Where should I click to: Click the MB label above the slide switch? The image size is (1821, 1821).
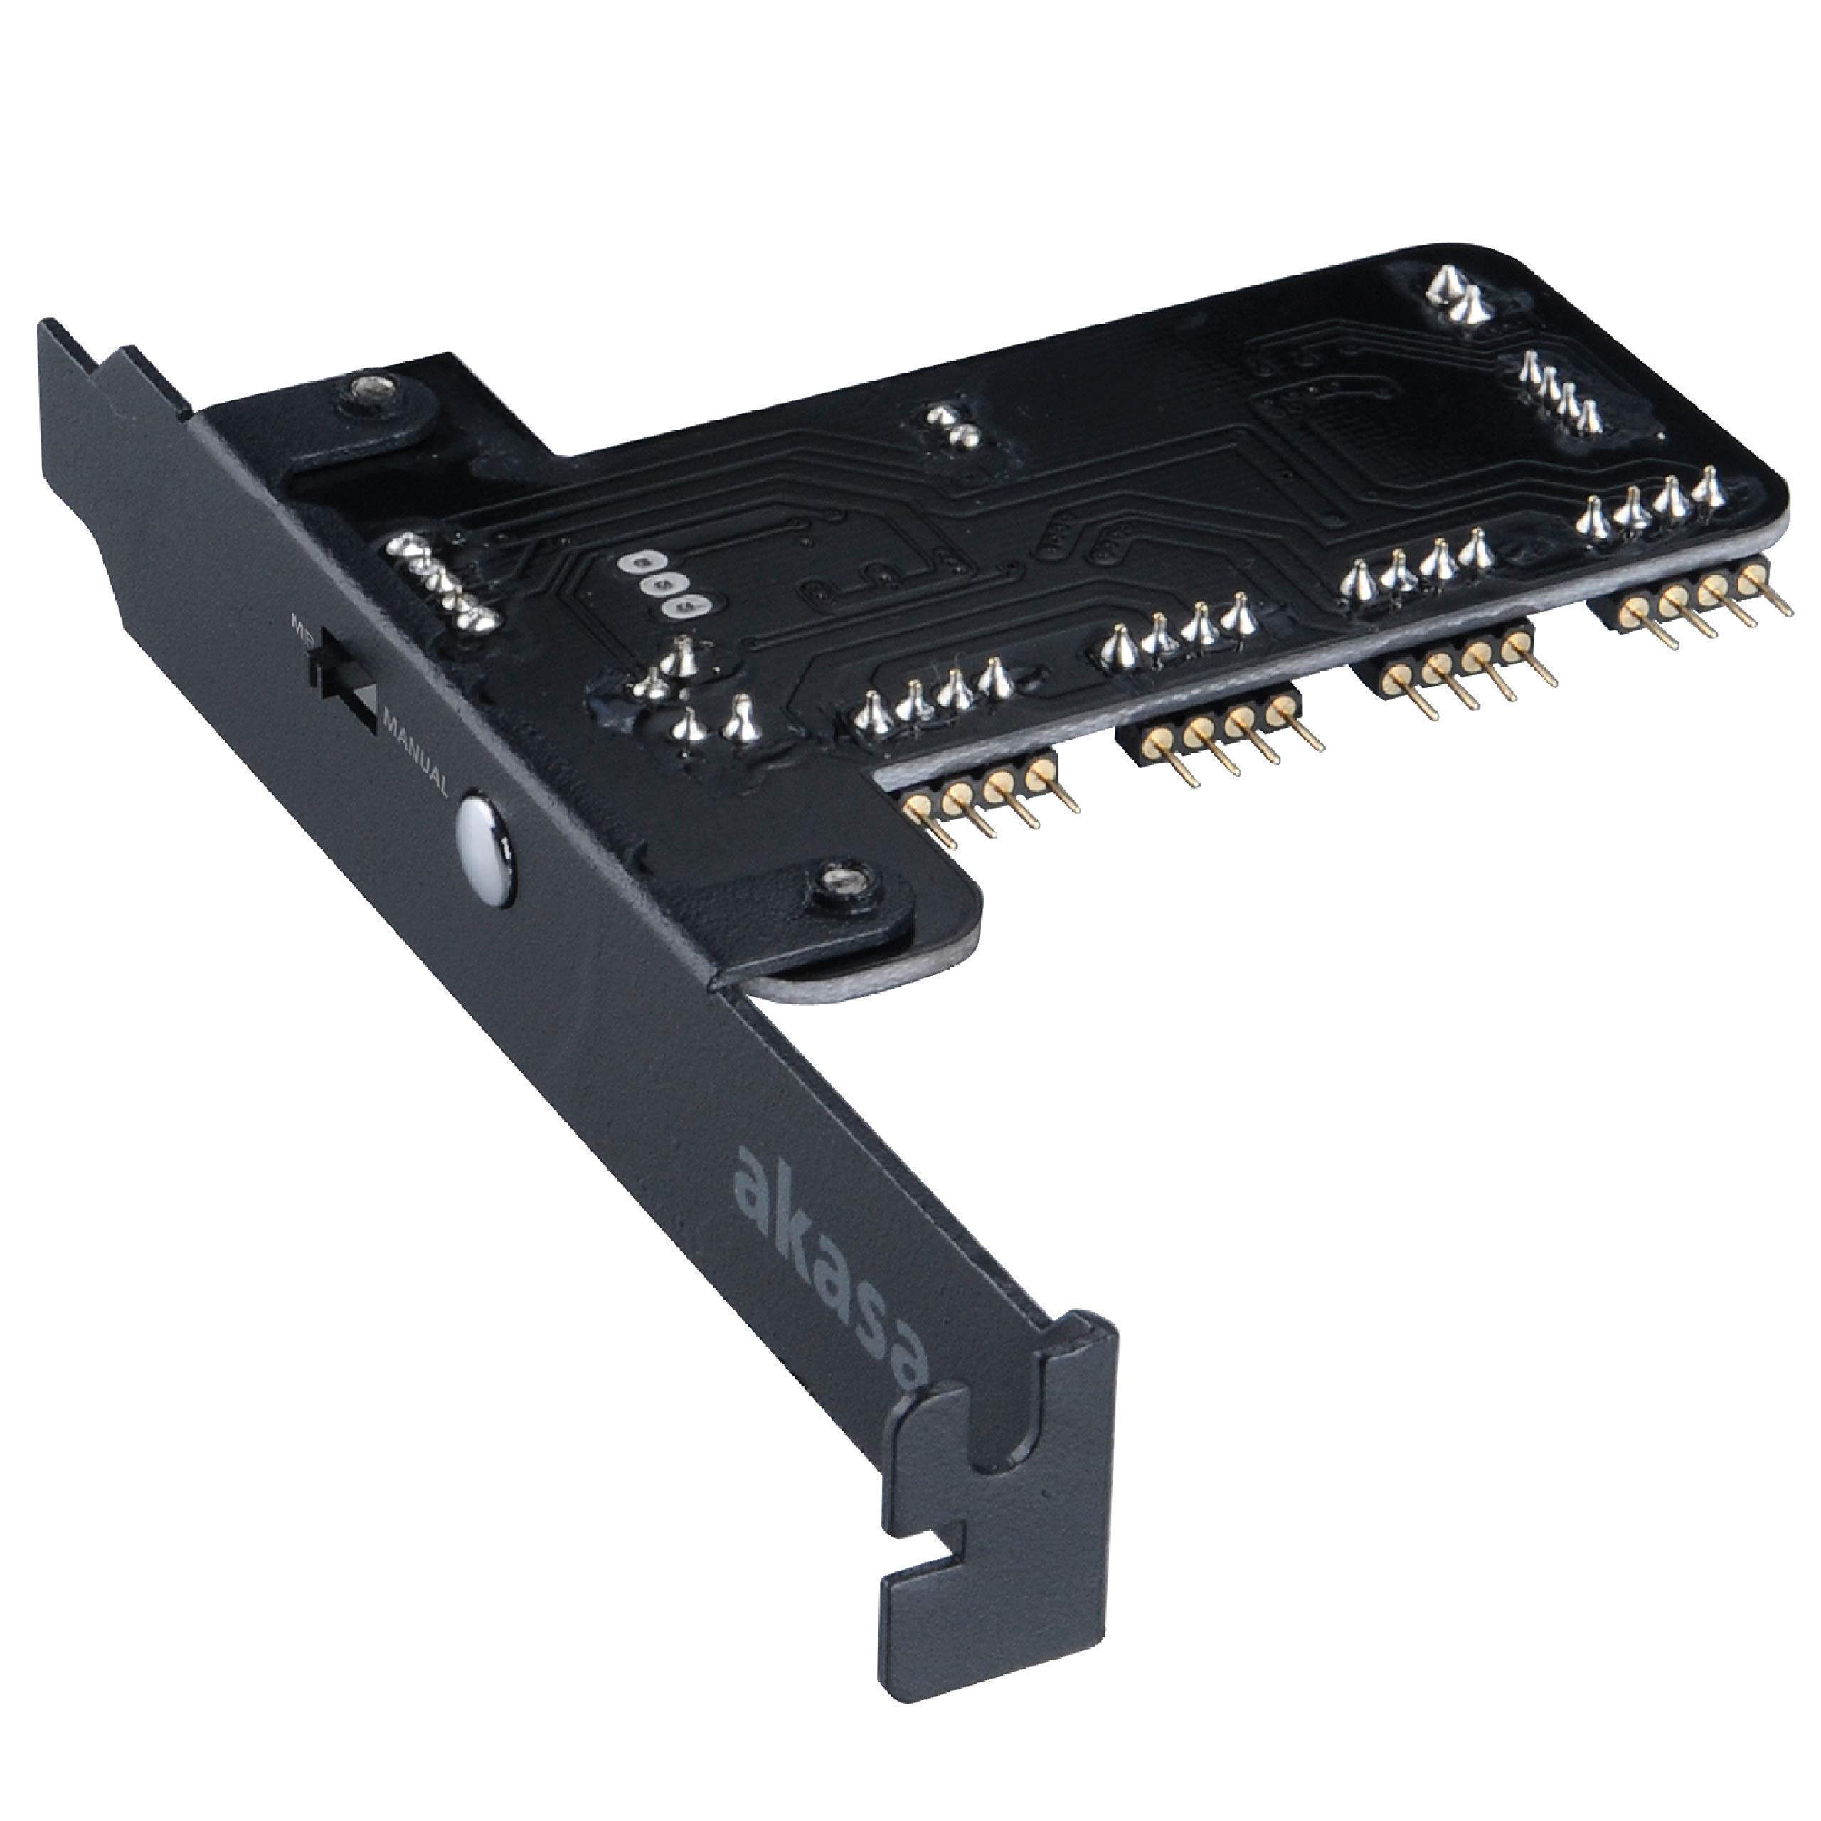(304, 626)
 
